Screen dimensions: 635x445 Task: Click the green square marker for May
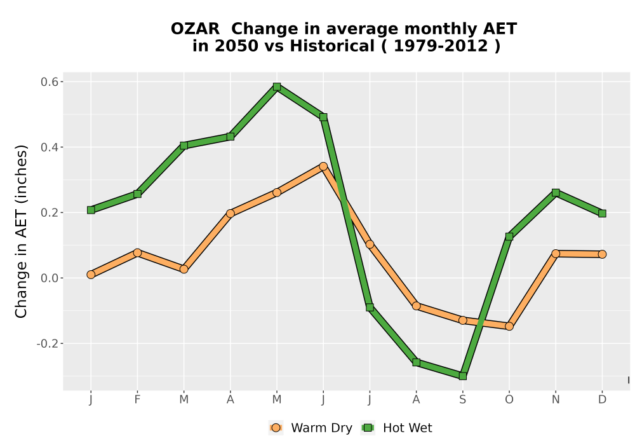[x=277, y=86]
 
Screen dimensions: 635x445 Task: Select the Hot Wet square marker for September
[x=462, y=376]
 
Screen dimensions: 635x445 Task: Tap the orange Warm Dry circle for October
[x=509, y=326]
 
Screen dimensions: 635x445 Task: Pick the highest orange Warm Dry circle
[x=323, y=167]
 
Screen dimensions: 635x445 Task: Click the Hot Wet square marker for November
[x=556, y=193]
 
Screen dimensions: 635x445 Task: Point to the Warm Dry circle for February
[x=137, y=253]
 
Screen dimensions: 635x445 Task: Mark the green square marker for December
[x=602, y=214]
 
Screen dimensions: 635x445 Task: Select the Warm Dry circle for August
[x=416, y=306]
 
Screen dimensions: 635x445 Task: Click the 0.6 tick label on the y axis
[x=50, y=82]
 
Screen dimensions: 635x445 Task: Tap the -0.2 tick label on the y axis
[x=48, y=344]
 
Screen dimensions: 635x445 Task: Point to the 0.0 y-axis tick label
[x=50, y=278]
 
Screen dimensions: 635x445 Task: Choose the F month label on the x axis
[x=137, y=400]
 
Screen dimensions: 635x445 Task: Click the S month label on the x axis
[x=462, y=400]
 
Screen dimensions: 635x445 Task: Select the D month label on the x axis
[x=602, y=400]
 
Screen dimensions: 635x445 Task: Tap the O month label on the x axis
[x=509, y=400]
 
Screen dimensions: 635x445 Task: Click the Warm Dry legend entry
[x=311, y=428]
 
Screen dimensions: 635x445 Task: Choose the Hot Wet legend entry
[x=396, y=428]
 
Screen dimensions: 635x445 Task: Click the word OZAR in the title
[x=195, y=29]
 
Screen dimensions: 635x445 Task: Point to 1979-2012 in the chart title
[x=441, y=46]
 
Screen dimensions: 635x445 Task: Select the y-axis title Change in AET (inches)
[x=21, y=231]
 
